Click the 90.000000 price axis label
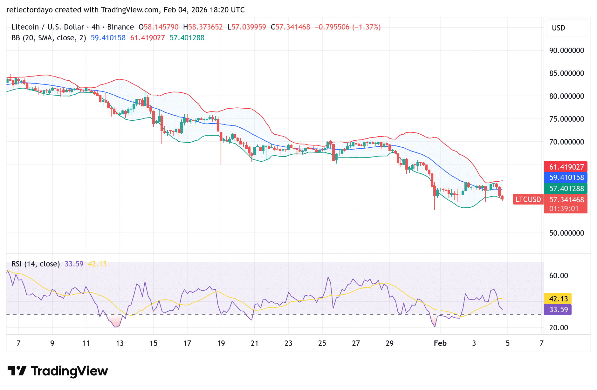566,50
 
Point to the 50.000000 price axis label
566,233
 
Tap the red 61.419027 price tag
566,167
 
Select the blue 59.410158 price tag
566,178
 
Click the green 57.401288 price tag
566,189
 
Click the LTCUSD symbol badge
528,199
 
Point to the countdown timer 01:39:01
564,209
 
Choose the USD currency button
559,28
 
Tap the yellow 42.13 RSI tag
558,299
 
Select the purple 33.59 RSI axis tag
558,310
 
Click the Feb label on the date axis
440,343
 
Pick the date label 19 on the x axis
221,343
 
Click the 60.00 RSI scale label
559,276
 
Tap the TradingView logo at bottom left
58,371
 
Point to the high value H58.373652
203,27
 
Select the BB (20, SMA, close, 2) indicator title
49,38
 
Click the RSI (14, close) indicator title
36,264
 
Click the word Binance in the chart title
120,27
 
